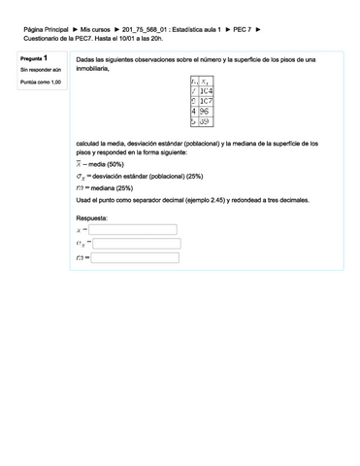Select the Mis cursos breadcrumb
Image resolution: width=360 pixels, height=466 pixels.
click(x=95, y=31)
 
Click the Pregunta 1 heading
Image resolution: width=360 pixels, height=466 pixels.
click(x=35, y=60)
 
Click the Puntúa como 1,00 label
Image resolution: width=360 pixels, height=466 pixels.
click(x=40, y=83)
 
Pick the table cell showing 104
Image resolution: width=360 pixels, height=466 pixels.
click(x=206, y=90)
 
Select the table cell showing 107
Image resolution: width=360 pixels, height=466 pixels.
click(x=206, y=101)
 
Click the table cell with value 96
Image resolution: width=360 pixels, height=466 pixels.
click(x=206, y=112)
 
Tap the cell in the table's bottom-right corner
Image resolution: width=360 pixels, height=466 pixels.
click(x=206, y=122)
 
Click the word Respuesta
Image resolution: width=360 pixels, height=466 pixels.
click(x=94, y=217)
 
